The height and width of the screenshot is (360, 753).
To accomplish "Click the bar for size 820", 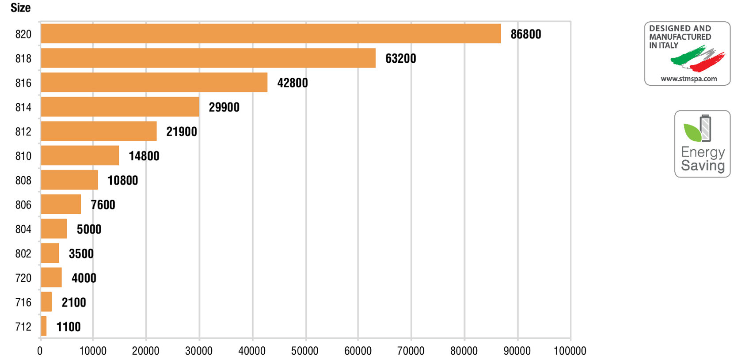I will (270, 34).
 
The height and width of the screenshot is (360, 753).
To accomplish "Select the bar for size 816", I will (154, 82).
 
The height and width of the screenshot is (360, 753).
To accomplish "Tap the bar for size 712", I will (44, 326).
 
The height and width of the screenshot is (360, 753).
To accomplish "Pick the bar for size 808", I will (69, 180).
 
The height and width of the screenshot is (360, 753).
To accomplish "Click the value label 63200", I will (400, 58).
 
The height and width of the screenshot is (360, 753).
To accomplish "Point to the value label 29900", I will (224, 107).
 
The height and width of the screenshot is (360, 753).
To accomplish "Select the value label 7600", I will (103, 205).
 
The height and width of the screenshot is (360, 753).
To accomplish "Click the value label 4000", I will (84, 278).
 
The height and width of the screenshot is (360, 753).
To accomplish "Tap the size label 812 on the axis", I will (23, 132).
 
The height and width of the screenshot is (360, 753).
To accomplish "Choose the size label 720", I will (23, 278).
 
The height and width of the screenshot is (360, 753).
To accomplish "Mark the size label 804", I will (23, 229).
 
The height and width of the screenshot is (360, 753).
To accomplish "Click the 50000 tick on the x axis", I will (305, 351).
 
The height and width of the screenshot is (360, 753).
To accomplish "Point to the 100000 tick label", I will (570, 351).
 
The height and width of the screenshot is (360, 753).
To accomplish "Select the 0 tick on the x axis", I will (40, 351).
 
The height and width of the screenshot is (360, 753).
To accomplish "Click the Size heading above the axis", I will (20, 8).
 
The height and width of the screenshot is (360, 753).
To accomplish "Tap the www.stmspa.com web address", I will (689, 79).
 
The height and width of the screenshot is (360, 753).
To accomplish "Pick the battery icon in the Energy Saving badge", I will (706, 128).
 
